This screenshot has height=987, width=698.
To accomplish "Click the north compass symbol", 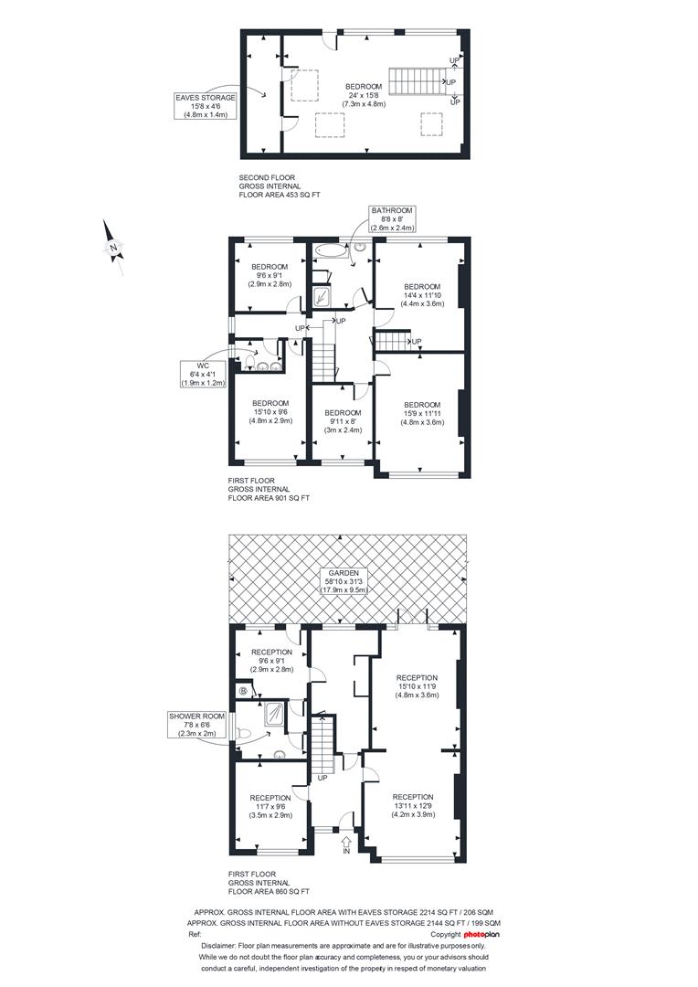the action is coord(113,248).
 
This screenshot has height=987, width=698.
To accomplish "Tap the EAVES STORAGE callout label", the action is coord(206,106).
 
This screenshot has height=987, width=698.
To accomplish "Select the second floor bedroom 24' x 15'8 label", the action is coord(364,95).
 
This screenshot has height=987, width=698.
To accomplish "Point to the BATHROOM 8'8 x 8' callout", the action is coord(392,219).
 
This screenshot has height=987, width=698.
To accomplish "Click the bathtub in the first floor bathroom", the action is coord(331,250).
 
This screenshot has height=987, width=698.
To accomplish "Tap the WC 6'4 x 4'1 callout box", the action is coord(203,374).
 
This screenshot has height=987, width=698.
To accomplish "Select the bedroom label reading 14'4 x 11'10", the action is coord(422,294).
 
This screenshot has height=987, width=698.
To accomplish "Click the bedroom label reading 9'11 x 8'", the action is coord(343,421).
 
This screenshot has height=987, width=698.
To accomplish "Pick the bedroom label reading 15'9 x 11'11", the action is coord(422,414).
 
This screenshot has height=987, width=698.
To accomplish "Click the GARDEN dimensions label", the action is coord(343,581).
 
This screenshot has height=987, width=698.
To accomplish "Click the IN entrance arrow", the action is coord(346,844).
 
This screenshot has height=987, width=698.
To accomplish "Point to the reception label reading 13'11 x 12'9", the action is coord(414,806).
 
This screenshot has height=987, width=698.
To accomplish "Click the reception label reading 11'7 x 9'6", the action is coord(270,806).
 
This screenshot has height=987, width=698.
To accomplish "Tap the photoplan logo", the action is coord(481,935).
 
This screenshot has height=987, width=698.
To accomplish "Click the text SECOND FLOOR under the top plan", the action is coord(267,177).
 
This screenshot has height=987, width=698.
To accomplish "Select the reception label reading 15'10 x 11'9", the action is coord(417,686).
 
